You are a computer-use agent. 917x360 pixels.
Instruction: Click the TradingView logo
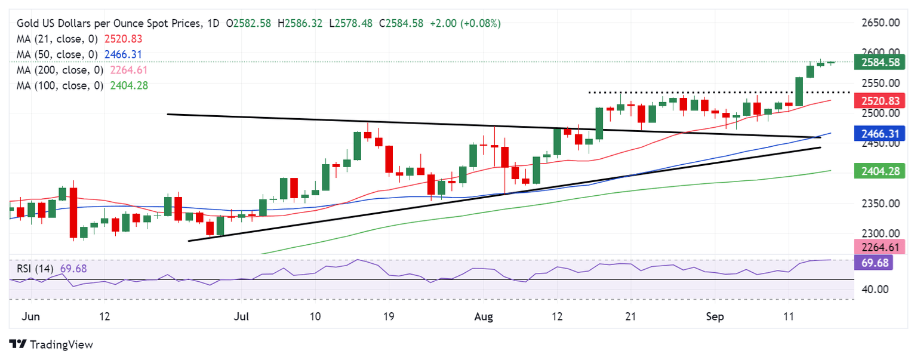[51, 344]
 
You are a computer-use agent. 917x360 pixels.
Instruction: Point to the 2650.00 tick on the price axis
[881, 23]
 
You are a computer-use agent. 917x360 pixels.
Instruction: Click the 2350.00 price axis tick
[881, 203]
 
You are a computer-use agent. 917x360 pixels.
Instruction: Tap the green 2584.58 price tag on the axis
[881, 61]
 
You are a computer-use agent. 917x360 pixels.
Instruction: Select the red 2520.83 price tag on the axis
[881, 101]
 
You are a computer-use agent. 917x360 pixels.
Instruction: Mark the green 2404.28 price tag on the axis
[881, 171]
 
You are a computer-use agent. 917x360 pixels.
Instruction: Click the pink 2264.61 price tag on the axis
[881, 247]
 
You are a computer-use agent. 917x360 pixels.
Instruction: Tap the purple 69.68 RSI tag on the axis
[875, 263]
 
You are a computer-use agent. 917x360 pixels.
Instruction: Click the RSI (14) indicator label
[35, 269]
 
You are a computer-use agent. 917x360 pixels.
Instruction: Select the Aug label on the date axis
[484, 316]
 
